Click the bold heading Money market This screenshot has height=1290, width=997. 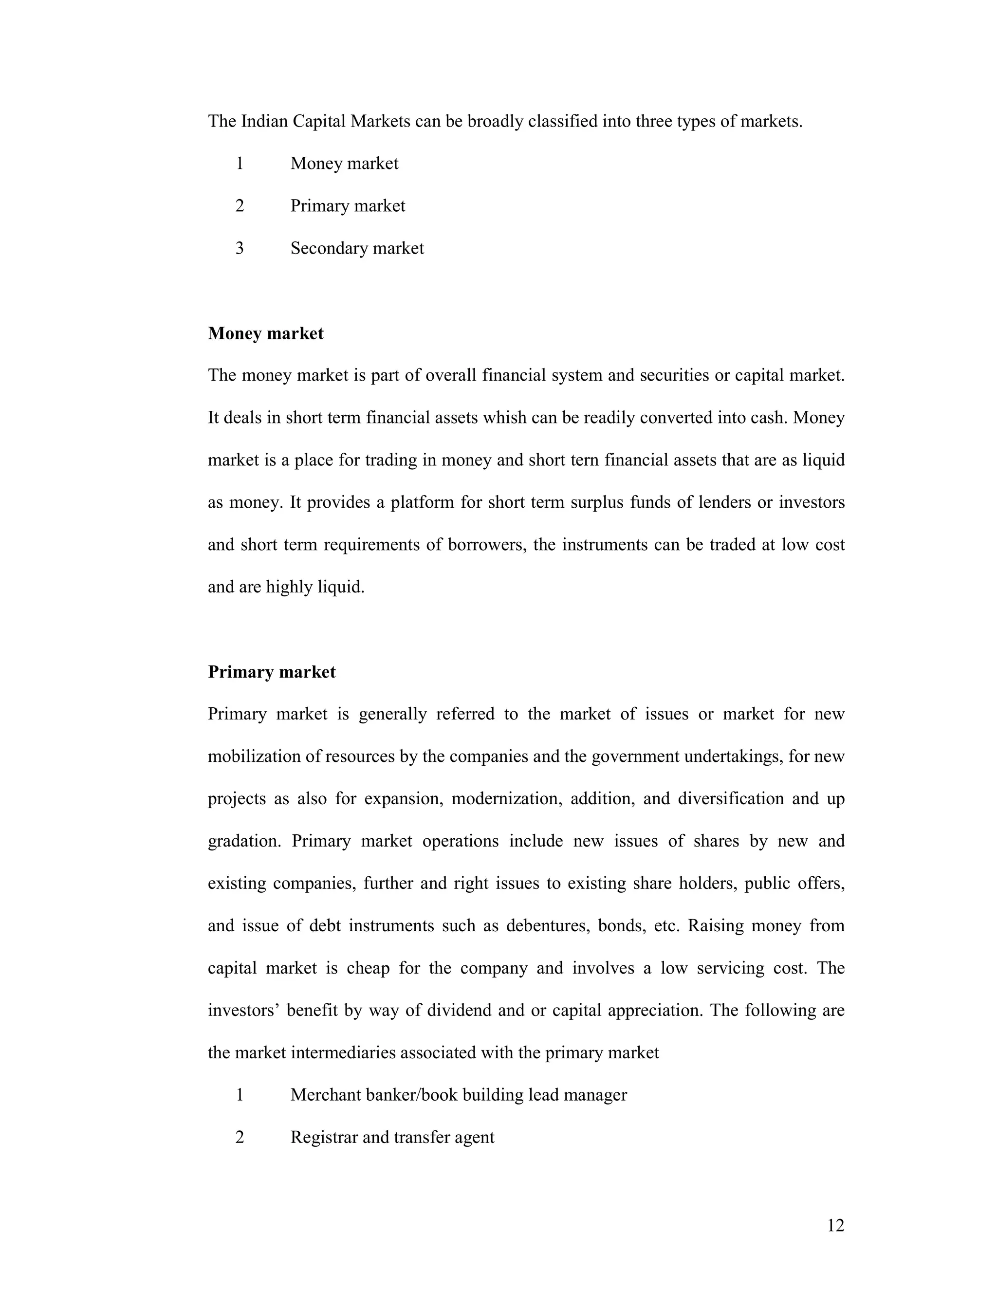click(265, 334)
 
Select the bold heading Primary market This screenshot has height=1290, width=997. click(272, 672)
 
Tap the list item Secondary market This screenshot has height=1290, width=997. click(357, 248)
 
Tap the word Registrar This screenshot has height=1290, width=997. click(324, 1137)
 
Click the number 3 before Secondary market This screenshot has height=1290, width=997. click(239, 248)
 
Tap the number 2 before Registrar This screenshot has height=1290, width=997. click(239, 1137)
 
